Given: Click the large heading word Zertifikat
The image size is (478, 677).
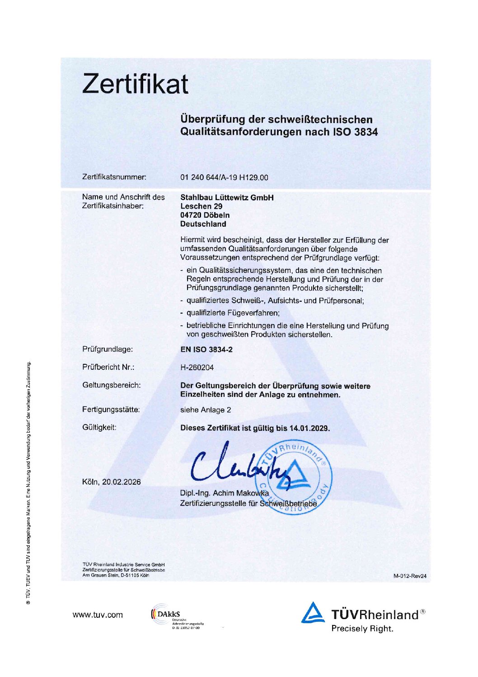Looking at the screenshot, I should click(x=135, y=84).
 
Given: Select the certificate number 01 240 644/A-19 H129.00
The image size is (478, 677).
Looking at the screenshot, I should click(x=224, y=177).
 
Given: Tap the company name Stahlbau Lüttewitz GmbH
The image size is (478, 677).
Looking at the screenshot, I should click(x=227, y=198).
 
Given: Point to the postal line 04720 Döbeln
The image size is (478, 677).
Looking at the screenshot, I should click(x=205, y=215).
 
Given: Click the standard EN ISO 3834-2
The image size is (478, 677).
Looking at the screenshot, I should click(x=206, y=349).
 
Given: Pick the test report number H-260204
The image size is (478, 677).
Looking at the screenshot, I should click(x=197, y=367).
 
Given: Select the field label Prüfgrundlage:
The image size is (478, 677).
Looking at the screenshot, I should click(x=108, y=349).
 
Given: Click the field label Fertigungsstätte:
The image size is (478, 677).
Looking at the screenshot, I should click(x=111, y=410).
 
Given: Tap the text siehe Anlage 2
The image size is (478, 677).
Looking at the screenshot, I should click(x=206, y=410).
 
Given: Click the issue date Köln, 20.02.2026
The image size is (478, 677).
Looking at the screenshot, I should click(x=112, y=482).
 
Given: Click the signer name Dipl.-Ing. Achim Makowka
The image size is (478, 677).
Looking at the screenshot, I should click(x=225, y=493).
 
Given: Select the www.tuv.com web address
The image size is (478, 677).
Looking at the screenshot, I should click(x=98, y=615).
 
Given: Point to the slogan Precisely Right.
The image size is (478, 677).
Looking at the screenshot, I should click(x=362, y=629).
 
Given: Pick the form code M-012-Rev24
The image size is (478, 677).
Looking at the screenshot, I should click(x=410, y=576).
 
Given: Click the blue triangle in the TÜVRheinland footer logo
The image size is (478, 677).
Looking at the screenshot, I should click(x=313, y=613).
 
